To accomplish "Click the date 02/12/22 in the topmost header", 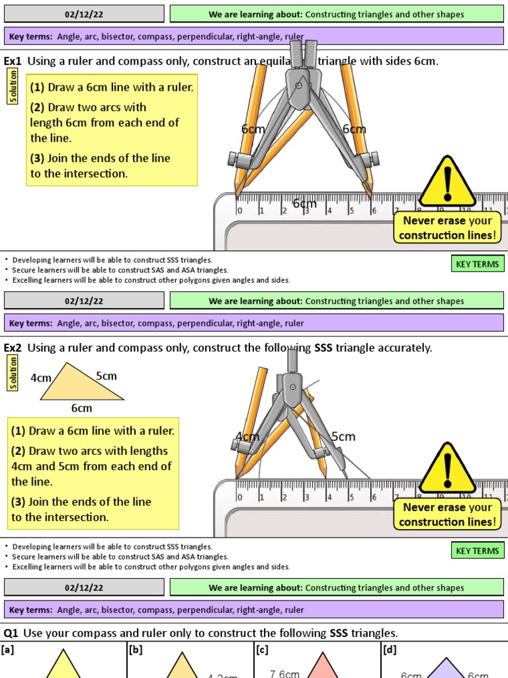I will (x=83, y=14).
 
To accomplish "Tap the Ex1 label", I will (x=13, y=62).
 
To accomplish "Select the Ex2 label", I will (x=13, y=348).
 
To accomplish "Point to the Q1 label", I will (x=11, y=634).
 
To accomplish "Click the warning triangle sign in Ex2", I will (x=448, y=469).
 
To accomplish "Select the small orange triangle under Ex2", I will (x=80, y=385).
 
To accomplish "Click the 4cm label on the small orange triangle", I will (x=41, y=378).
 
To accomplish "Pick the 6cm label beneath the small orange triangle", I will (x=82, y=408).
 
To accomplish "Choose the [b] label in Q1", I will (x=136, y=650).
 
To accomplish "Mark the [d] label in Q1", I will (x=390, y=650).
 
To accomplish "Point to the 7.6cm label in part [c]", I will (x=284, y=673).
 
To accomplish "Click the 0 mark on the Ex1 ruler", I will (x=239, y=211).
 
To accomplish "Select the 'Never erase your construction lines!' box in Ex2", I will (x=448, y=514).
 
